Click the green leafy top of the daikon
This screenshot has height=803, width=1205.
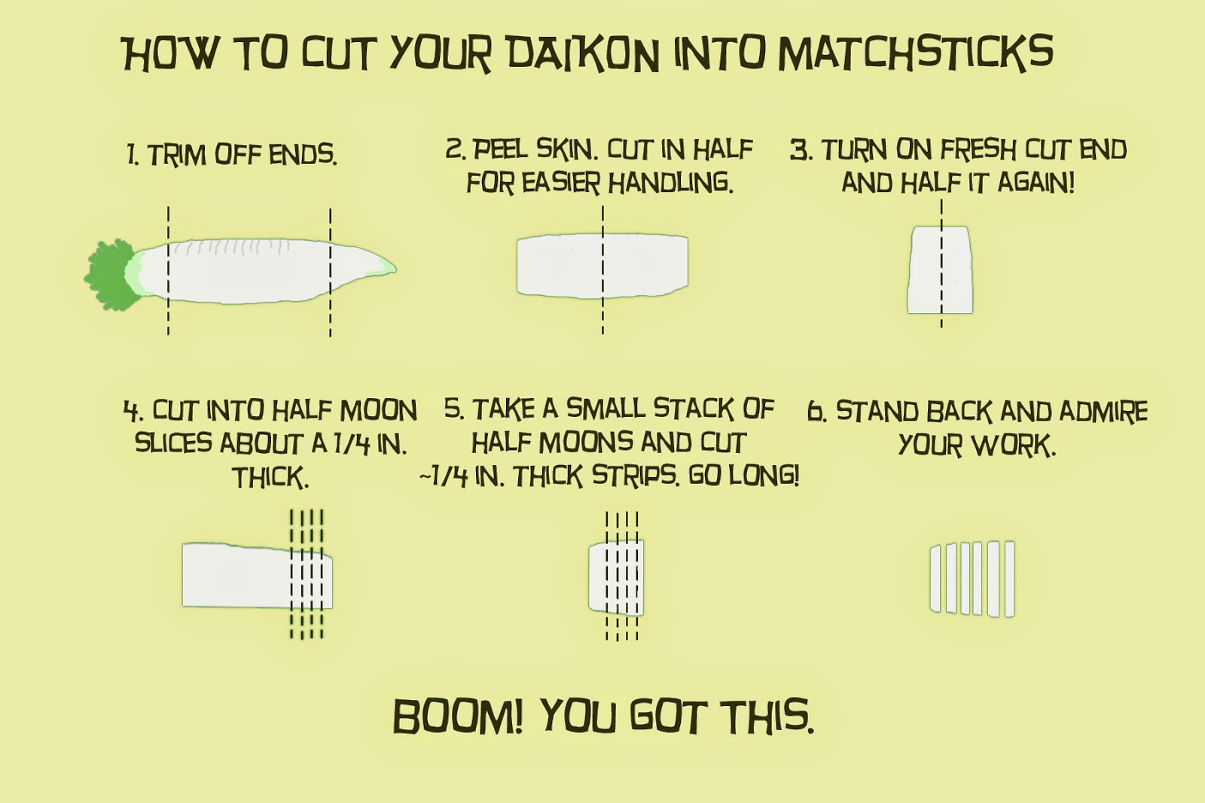[x=111, y=275]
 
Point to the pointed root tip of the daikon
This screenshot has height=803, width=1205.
[x=395, y=268]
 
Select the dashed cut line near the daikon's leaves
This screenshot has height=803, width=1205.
[x=169, y=270]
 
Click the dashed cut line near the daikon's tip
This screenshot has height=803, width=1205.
[x=331, y=272]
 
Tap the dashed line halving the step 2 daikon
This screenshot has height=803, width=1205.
[x=603, y=269]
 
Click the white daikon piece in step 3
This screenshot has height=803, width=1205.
[x=941, y=270]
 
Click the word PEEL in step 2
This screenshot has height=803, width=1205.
[x=499, y=150]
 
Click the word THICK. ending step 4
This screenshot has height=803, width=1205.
[x=270, y=477]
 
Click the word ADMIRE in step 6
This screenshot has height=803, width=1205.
[x=1103, y=412]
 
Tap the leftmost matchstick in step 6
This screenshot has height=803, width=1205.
[x=936, y=578]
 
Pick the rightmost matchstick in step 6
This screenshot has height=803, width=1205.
[x=1010, y=579]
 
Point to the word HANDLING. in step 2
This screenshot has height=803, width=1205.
[x=670, y=184]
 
